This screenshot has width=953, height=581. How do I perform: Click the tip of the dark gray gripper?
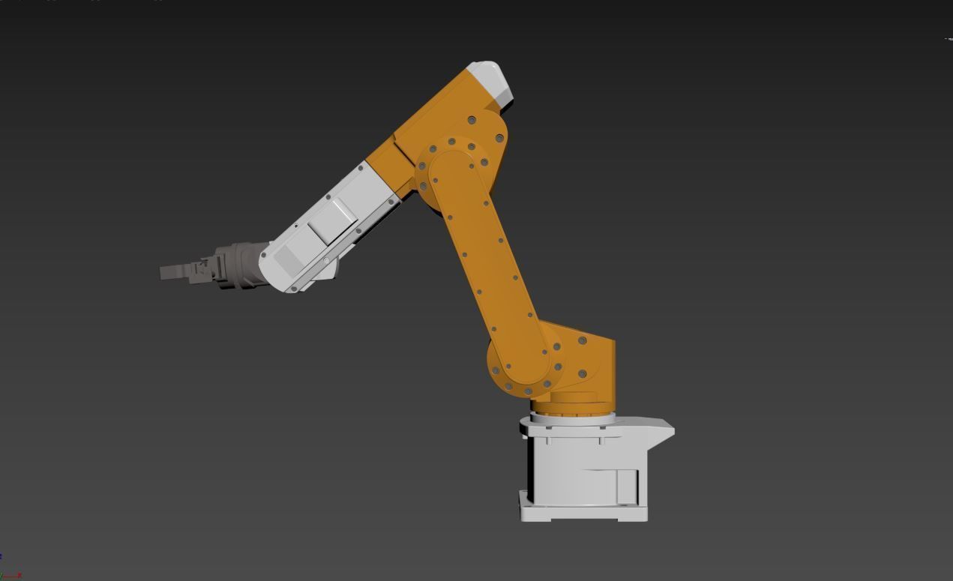pos(164,273)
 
